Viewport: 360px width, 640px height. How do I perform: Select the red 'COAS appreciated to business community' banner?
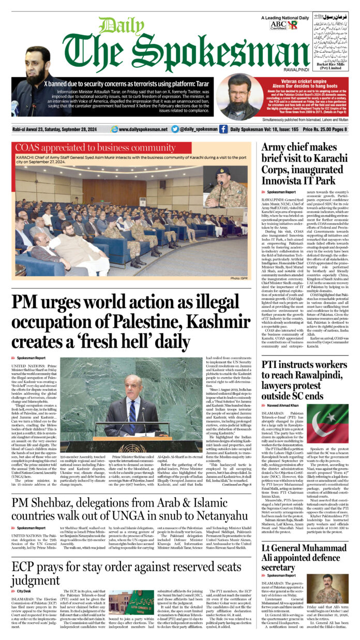pyautogui.click(x=88, y=148)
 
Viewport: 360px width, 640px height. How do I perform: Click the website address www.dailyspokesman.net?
pyautogui.click(x=139, y=129)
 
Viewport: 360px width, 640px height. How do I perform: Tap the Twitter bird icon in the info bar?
pyautogui.click(x=175, y=129)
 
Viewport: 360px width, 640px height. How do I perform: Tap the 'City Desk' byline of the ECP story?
pyautogui.click(x=24, y=590)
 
